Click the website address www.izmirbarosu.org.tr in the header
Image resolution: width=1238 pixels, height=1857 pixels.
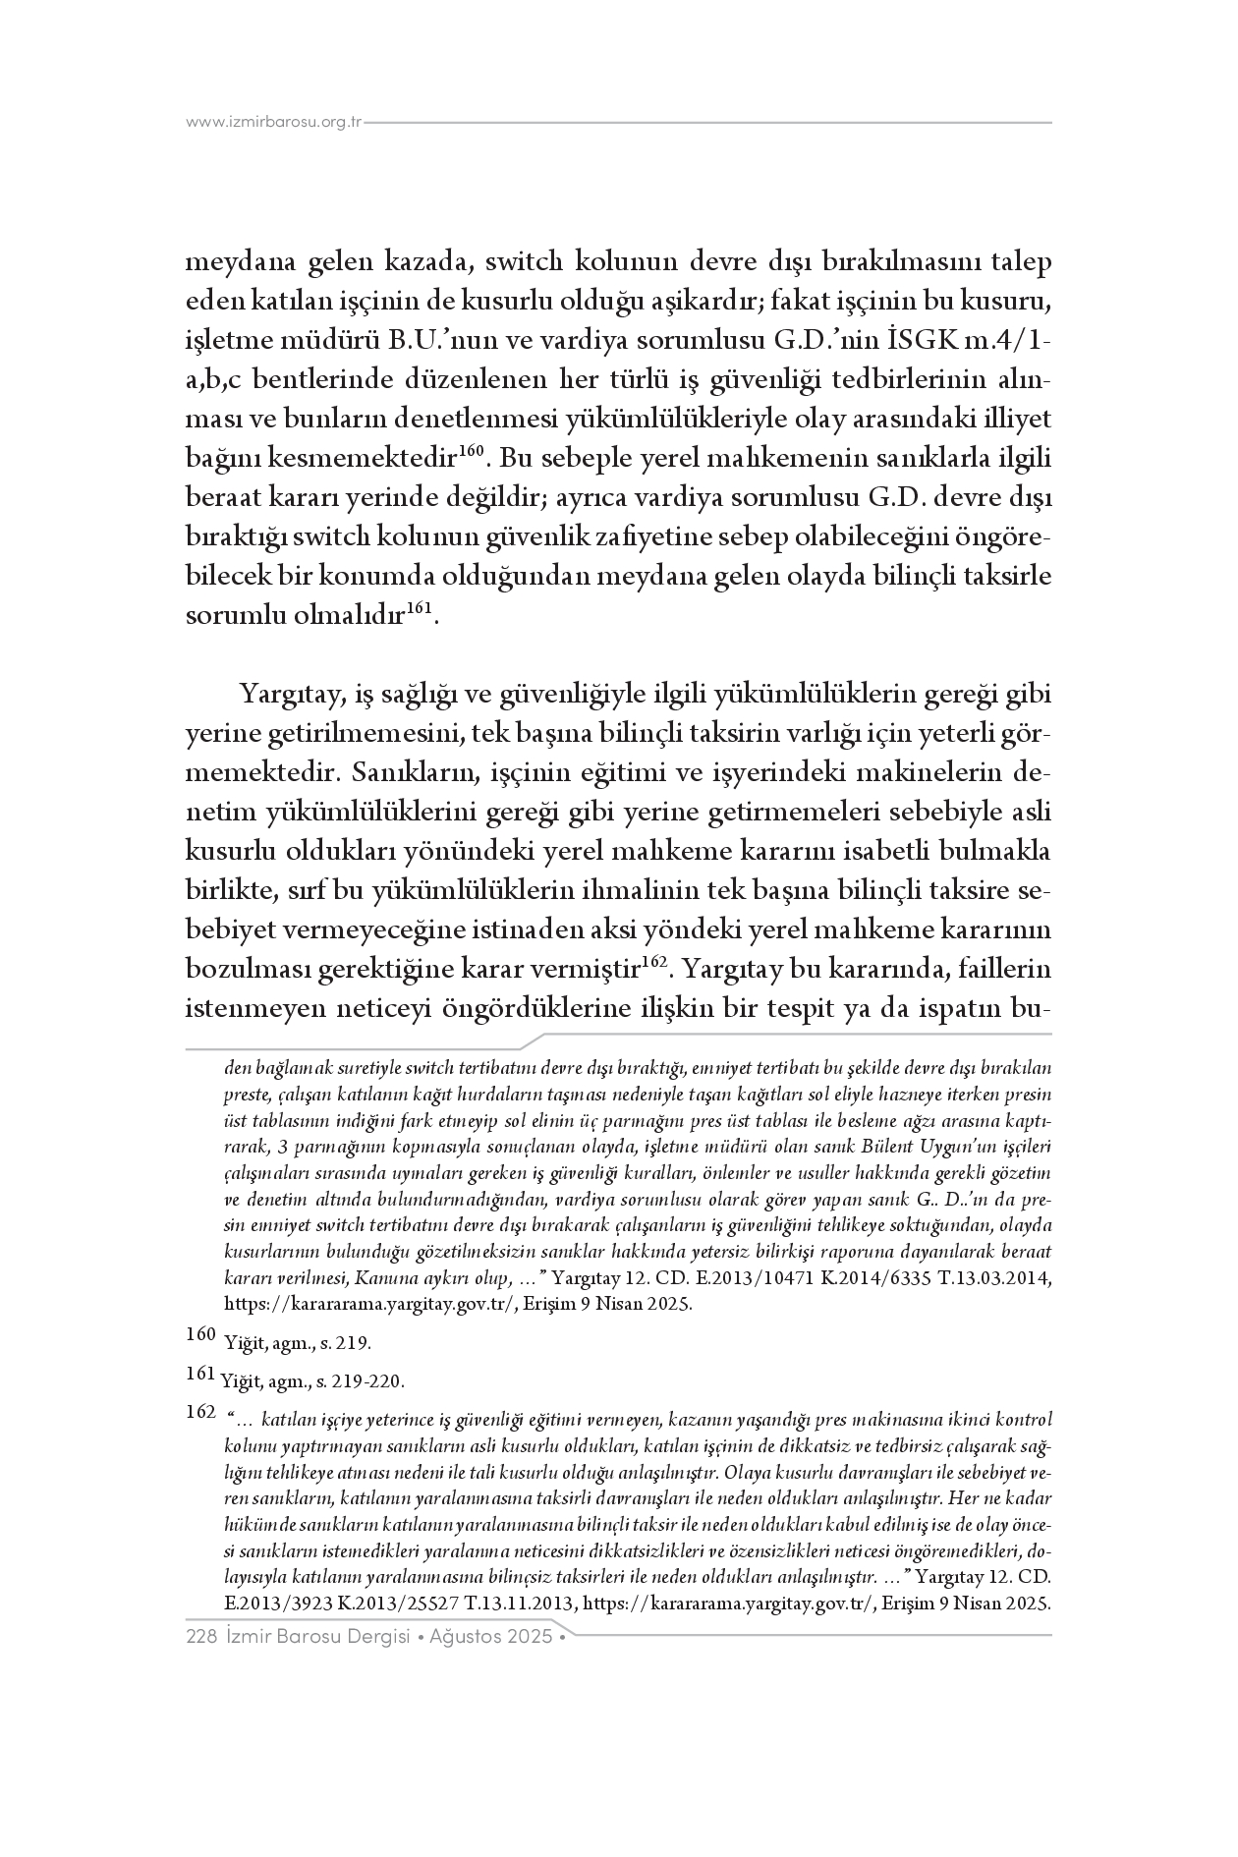click(274, 123)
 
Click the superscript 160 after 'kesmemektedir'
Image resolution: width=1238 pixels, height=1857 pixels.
click(475, 451)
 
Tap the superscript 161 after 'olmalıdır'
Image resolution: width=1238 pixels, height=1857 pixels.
click(420, 608)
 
